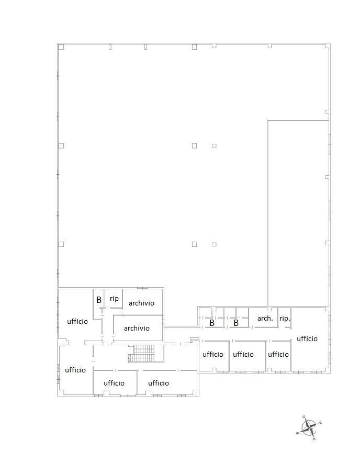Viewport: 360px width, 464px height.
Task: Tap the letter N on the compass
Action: point(321,423)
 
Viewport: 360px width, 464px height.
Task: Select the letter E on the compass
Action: point(314,439)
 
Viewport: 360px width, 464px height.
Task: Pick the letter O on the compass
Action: point(303,416)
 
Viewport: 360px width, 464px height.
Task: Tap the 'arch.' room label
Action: point(265,319)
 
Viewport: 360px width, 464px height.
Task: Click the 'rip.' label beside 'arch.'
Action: point(285,319)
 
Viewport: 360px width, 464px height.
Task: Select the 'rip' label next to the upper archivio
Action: point(114,299)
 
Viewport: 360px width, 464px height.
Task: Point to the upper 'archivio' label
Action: point(141,303)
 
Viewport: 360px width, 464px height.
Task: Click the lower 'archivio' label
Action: point(137,328)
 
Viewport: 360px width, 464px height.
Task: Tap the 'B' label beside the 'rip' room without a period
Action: point(99,300)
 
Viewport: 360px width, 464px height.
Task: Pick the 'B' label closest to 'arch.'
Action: point(236,323)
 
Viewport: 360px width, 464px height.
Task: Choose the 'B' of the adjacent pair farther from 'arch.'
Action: point(212,323)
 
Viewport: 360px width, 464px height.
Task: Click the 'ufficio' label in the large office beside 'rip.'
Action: point(307,338)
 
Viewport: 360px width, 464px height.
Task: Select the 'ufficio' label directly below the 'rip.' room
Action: point(278,354)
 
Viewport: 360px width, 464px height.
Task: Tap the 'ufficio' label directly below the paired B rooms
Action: point(213,354)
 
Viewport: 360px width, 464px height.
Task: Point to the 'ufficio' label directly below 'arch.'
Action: point(243,354)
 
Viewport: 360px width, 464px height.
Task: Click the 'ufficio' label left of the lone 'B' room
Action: point(77,321)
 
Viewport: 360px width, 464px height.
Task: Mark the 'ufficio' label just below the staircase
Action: point(159,383)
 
